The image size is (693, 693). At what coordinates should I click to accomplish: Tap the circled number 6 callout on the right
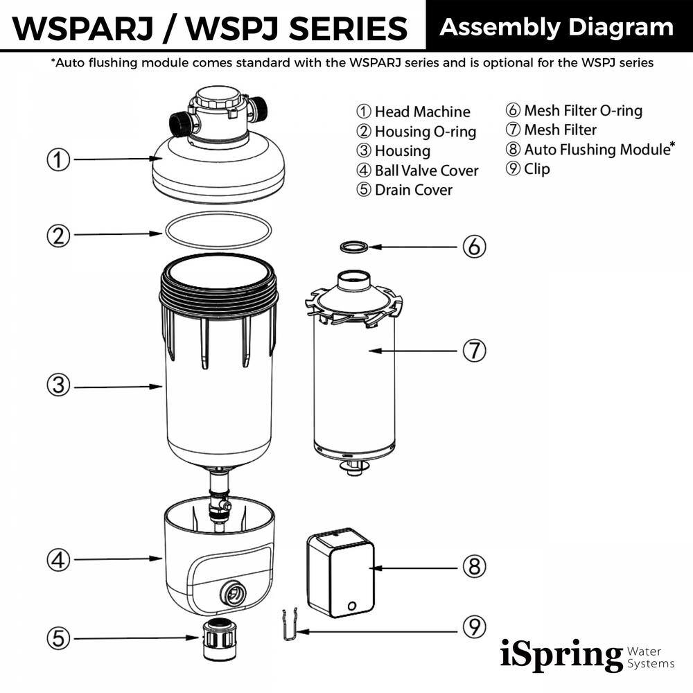coord(474,247)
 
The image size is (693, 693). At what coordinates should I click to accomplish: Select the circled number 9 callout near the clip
coord(474,628)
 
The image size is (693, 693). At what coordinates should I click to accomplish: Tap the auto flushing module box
coord(340,572)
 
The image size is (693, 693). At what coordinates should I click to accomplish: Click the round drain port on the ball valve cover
coord(231,593)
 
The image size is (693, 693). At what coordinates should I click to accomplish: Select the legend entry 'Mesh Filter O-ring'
coord(574,111)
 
